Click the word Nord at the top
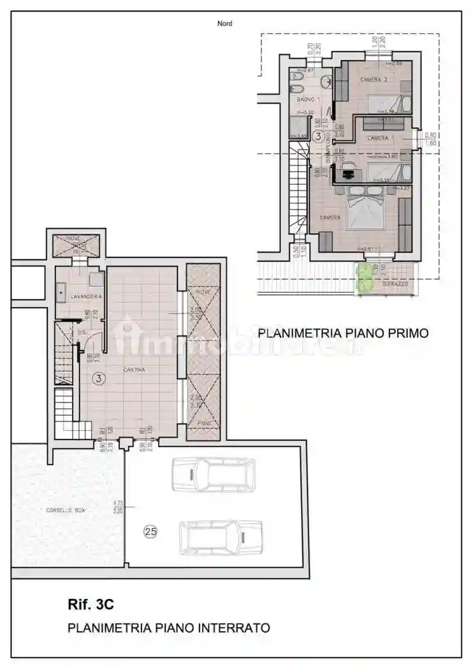pyautogui.click(x=224, y=24)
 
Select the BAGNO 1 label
pyautogui.click(x=307, y=100)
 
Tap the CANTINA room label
pyautogui.click(x=135, y=370)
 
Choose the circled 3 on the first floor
pyautogui.click(x=317, y=117)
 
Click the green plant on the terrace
pyautogui.click(x=364, y=278)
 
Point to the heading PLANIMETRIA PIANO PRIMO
pyautogui.click(x=342, y=332)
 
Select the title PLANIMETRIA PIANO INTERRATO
pyautogui.click(x=169, y=628)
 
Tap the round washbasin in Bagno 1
pyautogui.click(x=326, y=82)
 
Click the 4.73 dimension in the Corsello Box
pyautogui.click(x=117, y=503)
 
